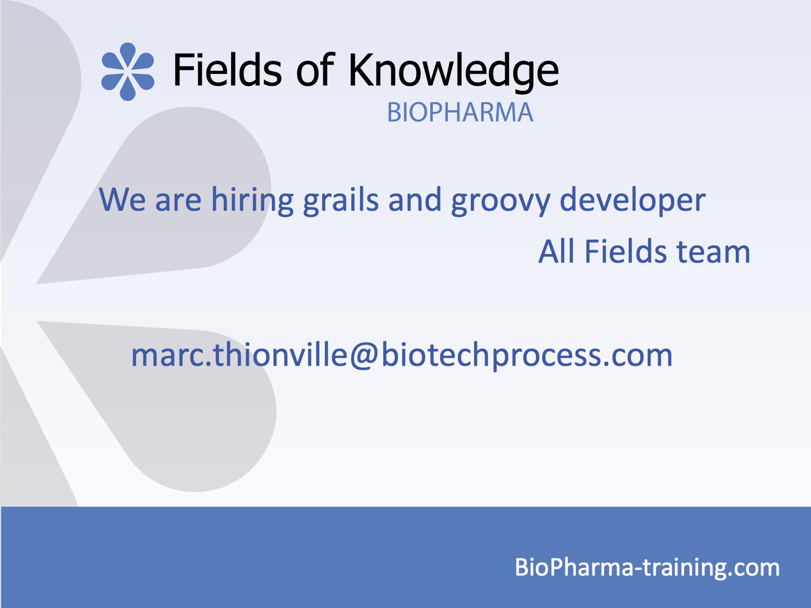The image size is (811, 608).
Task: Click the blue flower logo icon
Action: click(x=128, y=72)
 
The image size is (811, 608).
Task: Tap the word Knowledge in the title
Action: click(x=454, y=72)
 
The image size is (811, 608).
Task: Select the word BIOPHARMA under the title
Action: click(x=460, y=112)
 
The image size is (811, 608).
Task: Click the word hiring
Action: click(x=252, y=200)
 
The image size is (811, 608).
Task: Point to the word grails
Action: click(x=341, y=200)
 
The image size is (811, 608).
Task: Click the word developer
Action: click(x=633, y=200)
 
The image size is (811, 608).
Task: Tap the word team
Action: click(x=713, y=252)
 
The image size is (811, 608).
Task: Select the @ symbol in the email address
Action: click(x=363, y=355)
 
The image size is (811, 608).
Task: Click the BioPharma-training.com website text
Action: click(x=647, y=567)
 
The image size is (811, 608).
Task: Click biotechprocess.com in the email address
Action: click(x=527, y=355)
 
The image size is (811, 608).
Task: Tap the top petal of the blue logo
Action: click(x=128, y=55)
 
